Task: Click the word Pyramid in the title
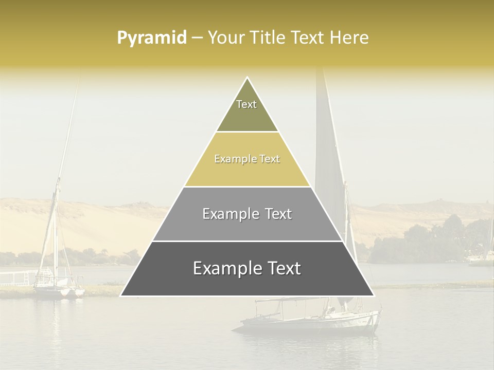(x=151, y=38)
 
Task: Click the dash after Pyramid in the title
(x=197, y=38)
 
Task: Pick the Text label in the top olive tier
(x=246, y=104)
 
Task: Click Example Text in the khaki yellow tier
(x=247, y=159)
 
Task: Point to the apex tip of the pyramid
(x=247, y=78)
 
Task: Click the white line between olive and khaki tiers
(x=247, y=132)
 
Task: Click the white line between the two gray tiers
(x=247, y=241)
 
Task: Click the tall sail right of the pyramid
(x=327, y=154)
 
